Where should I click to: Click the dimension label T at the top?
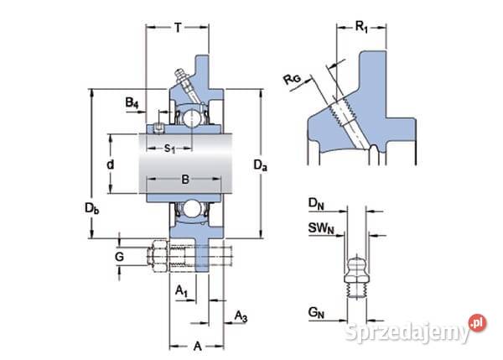click(x=179, y=27)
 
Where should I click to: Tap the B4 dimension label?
click(x=132, y=102)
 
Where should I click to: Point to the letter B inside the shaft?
click(x=185, y=179)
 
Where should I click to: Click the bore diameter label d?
click(x=110, y=164)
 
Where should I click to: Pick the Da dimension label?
click(x=260, y=167)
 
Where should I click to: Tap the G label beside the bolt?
click(x=119, y=255)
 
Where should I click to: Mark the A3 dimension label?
click(x=241, y=316)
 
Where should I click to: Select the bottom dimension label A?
click(x=198, y=346)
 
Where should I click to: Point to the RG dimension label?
click(x=293, y=81)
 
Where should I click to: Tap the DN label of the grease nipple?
click(x=315, y=203)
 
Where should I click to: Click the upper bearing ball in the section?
click(x=192, y=116)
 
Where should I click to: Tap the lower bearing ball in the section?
click(x=192, y=210)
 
